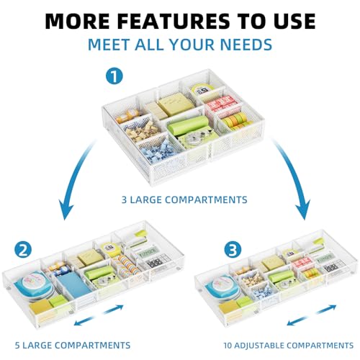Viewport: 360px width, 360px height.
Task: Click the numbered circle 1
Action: click(x=114, y=76)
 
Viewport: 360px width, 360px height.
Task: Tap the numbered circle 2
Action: click(x=23, y=250)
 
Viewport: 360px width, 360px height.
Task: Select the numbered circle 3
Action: click(x=233, y=250)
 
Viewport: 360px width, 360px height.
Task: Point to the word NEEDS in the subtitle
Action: click(x=246, y=45)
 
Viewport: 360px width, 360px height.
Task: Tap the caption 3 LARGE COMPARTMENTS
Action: click(x=184, y=199)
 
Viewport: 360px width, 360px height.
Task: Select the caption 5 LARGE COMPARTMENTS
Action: click(x=73, y=345)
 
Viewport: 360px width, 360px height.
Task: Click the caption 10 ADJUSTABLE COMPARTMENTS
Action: click(x=289, y=346)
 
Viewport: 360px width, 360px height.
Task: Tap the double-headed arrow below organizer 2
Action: click(x=99, y=315)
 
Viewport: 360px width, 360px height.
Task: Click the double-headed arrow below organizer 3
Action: click(x=311, y=315)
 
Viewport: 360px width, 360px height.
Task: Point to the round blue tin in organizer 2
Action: click(x=34, y=286)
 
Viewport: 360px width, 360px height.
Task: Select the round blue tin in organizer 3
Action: click(x=223, y=287)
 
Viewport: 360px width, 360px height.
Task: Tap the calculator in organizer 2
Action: click(x=156, y=261)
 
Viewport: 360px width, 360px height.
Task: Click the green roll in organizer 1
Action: click(x=188, y=125)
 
